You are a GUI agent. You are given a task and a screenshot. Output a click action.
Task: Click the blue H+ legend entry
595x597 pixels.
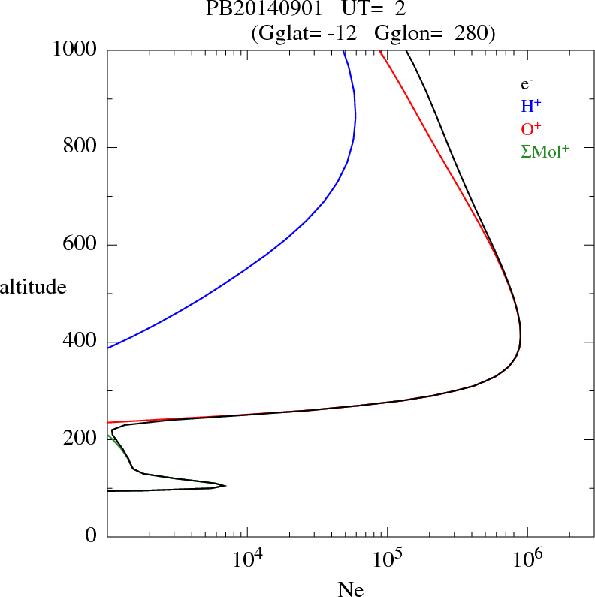(x=531, y=107)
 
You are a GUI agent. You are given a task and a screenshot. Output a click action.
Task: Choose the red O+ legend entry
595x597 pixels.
(x=531, y=129)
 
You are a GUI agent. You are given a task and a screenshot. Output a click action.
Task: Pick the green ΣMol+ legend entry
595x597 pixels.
(x=545, y=151)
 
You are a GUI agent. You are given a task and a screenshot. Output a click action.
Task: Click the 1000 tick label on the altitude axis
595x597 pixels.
(x=76, y=50)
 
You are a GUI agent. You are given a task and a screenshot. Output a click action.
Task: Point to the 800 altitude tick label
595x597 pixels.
(x=81, y=147)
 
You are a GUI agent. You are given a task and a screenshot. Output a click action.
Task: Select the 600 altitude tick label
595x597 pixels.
(x=81, y=245)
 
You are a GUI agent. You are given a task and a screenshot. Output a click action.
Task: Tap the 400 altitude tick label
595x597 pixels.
(x=81, y=342)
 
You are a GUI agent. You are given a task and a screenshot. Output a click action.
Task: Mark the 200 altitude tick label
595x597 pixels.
(x=81, y=439)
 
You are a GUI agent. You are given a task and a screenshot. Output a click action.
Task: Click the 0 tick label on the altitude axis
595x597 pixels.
(x=92, y=536)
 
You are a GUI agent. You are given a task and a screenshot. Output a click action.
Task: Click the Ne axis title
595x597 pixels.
(x=350, y=590)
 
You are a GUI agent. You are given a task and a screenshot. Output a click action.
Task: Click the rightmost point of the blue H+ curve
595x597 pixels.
(x=355, y=116)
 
